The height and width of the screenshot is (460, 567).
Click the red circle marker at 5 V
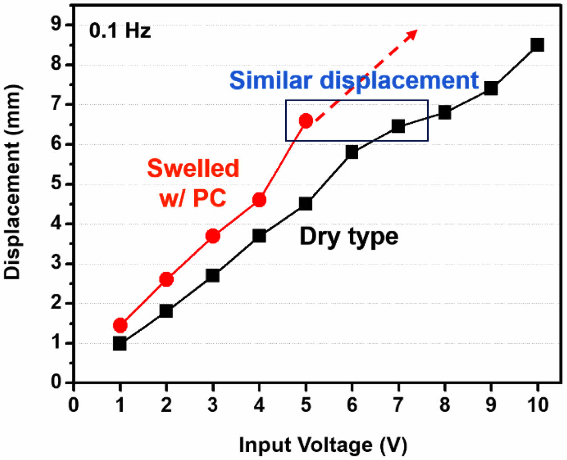click(x=306, y=120)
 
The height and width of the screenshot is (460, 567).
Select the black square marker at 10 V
click(x=537, y=45)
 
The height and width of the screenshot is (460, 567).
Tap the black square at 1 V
click(x=120, y=343)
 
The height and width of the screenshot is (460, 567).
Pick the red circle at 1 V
click(x=120, y=325)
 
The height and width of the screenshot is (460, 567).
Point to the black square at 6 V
click(x=351, y=152)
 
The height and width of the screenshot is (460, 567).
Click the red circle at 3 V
click(x=213, y=236)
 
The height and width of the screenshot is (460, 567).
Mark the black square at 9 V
click(x=491, y=88)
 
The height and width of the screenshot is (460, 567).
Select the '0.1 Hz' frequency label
click(x=120, y=31)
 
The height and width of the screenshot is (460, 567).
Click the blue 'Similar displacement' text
click(x=354, y=80)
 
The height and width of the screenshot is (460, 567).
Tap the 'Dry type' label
click(x=349, y=236)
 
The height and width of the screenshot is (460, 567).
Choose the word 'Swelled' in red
click(x=193, y=168)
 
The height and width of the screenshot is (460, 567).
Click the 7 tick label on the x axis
click(x=398, y=405)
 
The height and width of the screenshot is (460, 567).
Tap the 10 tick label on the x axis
click(x=537, y=405)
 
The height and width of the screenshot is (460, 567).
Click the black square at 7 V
click(x=398, y=126)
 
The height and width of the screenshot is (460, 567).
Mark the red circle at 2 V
click(x=166, y=279)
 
